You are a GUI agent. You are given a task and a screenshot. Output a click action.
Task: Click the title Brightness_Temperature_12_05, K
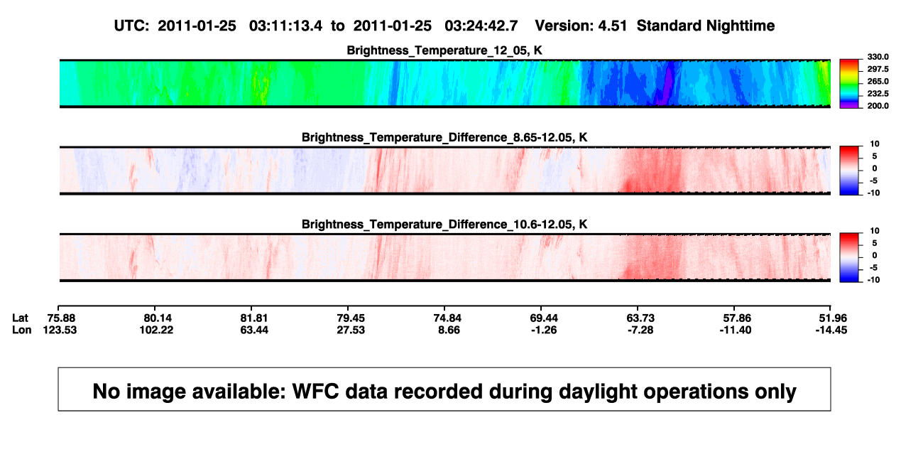pyautogui.click(x=444, y=50)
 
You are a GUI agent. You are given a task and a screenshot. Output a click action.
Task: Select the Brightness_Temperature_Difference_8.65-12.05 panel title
pyautogui.click(x=444, y=137)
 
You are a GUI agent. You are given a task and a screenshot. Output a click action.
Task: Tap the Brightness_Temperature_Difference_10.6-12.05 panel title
pyautogui.click(x=444, y=225)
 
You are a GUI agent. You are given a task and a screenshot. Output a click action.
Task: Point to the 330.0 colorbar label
pyautogui.click(x=878, y=57)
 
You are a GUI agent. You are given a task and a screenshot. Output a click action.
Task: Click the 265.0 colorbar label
pyautogui.click(x=878, y=81)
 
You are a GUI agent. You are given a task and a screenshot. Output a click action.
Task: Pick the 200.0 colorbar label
pyautogui.click(x=878, y=106)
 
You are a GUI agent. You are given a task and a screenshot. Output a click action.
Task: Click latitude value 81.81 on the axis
pyautogui.click(x=254, y=318)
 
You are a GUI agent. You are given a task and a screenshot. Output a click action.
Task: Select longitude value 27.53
pyautogui.click(x=351, y=330)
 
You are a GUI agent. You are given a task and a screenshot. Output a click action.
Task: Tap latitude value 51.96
pyautogui.click(x=833, y=318)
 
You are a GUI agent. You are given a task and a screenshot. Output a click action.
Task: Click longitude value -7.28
pyautogui.click(x=640, y=330)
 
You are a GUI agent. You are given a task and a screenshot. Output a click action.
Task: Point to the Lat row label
pyautogui.click(x=20, y=318)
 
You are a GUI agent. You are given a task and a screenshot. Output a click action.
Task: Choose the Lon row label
pyautogui.click(x=21, y=330)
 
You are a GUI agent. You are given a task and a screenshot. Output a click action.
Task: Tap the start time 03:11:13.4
pyautogui.click(x=285, y=26)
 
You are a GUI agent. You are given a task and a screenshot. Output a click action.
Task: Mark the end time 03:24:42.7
pyautogui.click(x=481, y=26)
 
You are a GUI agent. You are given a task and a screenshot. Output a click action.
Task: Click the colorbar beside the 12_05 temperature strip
pyautogui.click(x=849, y=84)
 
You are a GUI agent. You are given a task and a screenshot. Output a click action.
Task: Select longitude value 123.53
pyautogui.click(x=60, y=330)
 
